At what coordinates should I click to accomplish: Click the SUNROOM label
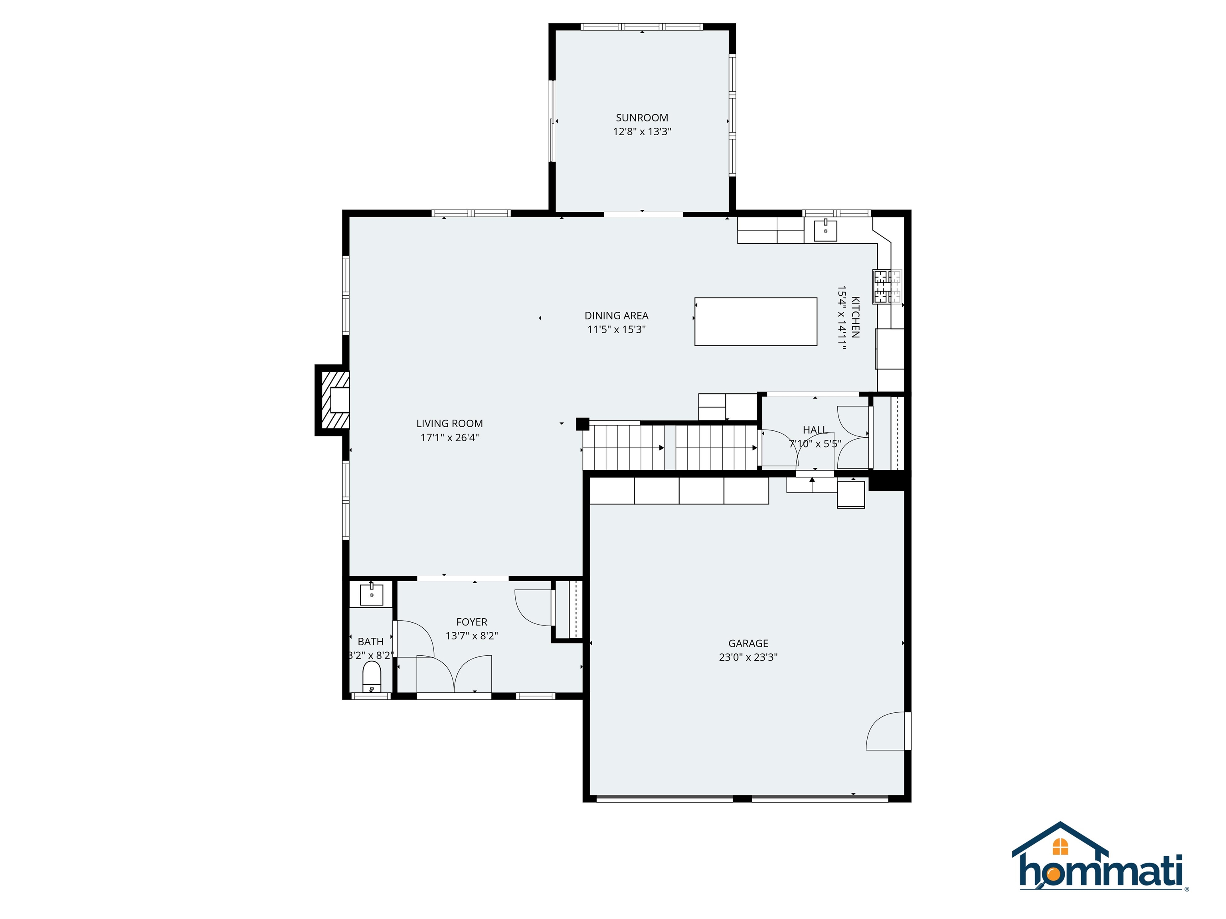[642, 117]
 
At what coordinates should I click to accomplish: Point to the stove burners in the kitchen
[887, 286]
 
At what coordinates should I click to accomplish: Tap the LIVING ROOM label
[449, 423]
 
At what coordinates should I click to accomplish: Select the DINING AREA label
[616, 315]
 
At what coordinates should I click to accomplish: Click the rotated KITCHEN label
[855, 317]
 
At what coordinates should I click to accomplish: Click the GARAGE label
[748, 643]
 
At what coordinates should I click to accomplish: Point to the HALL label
[815, 430]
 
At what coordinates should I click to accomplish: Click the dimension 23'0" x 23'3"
[748, 657]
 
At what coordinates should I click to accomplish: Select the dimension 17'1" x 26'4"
[449, 438]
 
